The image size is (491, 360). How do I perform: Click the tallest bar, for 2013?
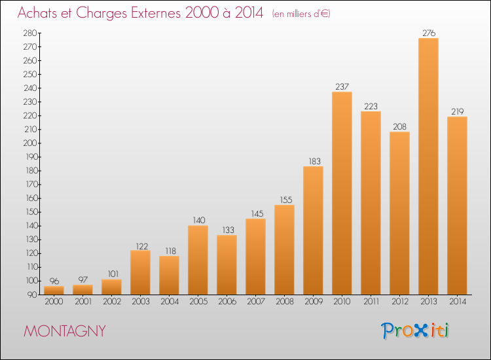click(x=428, y=166)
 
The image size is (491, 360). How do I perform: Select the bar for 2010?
click(x=342, y=193)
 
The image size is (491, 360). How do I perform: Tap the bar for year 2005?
click(x=198, y=260)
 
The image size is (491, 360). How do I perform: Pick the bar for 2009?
click(x=313, y=230)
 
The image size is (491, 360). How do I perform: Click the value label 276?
click(x=428, y=33)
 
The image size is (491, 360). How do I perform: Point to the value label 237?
click(x=342, y=86)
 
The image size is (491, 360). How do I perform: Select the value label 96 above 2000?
click(x=54, y=281)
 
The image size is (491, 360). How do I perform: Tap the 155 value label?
click(x=284, y=200)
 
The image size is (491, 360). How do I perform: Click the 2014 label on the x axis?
click(x=457, y=302)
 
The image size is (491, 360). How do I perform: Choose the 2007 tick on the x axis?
click(x=255, y=302)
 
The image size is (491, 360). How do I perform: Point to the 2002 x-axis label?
click(x=111, y=302)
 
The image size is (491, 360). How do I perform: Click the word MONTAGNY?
click(x=64, y=331)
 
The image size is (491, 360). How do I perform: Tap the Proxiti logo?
click(x=416, y=331)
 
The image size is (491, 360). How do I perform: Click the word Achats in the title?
click(x=40, y=12)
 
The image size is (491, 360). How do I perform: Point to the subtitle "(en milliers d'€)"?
click(x=301, y=14)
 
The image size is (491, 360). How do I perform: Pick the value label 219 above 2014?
click(x=457, y=111)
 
